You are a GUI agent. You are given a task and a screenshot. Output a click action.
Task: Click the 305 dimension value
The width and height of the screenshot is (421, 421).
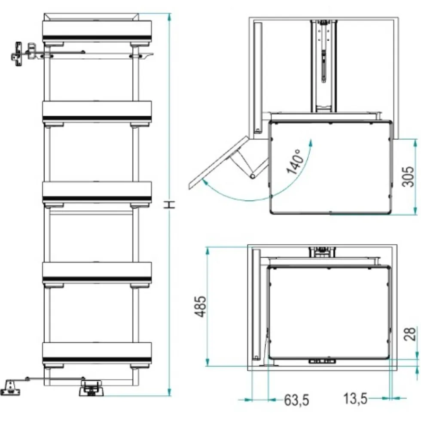pyautogui.click(x=408, y=176)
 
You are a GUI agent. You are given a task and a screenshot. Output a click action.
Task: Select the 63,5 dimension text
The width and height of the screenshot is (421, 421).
pyautogui.click(x=297, y=400)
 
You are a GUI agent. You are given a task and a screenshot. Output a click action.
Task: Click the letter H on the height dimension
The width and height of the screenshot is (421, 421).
pyautogui.click(x=170, y=205)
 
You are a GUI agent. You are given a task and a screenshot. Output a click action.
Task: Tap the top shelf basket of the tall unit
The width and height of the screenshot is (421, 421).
pyautogui.click(x=97, y=31)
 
